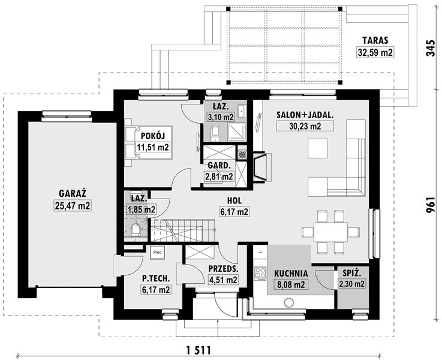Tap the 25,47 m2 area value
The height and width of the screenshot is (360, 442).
[x=73, y=206]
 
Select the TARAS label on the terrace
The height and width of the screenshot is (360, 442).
[x=375, y=40]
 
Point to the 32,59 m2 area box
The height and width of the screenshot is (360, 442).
[x=375, y=52]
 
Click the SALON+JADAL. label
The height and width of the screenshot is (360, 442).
[x=305, y=115]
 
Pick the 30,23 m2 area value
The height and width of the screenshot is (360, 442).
[x=305, y=126]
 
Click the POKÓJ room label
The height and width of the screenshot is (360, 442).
[x=152, y=136]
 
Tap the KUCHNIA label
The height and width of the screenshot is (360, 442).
[x=291, y=273]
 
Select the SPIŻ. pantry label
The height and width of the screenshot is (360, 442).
[x=352, y=272]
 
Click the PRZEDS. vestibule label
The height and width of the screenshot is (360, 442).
[x=223, y=268]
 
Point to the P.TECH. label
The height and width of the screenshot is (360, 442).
[x=156, y=278]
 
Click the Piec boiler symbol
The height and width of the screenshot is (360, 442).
[x=157, y=253]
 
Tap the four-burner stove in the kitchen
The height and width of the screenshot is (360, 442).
[x=260, y=273]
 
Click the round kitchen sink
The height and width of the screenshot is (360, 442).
[x=288, y=303]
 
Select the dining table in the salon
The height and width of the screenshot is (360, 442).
[x=330, y=232]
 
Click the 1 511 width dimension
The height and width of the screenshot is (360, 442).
[x=199, y=350]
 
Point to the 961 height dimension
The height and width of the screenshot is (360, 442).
[x=430, y=205]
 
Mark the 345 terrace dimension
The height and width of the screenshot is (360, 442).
[x=430, y=48]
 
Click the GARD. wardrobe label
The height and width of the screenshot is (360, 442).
[x=220, y=166]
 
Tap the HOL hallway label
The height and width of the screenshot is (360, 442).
[x=234, y=200]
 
